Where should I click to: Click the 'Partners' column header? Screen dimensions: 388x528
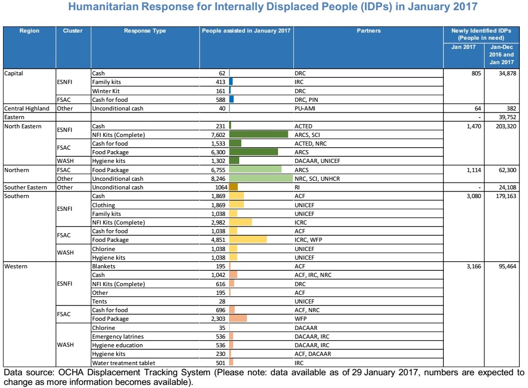point(368,31)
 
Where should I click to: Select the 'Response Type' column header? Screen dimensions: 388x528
point(145,31)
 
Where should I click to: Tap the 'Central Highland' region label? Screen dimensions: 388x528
point(27,108)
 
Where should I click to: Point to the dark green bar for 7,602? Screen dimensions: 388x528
point(259,135)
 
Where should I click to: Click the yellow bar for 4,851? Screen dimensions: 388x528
point(248,239)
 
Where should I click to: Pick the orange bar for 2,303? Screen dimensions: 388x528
point(238,319)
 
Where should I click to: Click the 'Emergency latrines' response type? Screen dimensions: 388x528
point(117,337)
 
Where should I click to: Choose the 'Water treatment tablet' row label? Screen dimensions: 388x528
point(123,363)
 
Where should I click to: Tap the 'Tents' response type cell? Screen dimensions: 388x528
point(99,301)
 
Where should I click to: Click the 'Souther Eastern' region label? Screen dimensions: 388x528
point(26,187)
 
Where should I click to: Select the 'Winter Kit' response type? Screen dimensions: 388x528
point(106,91)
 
